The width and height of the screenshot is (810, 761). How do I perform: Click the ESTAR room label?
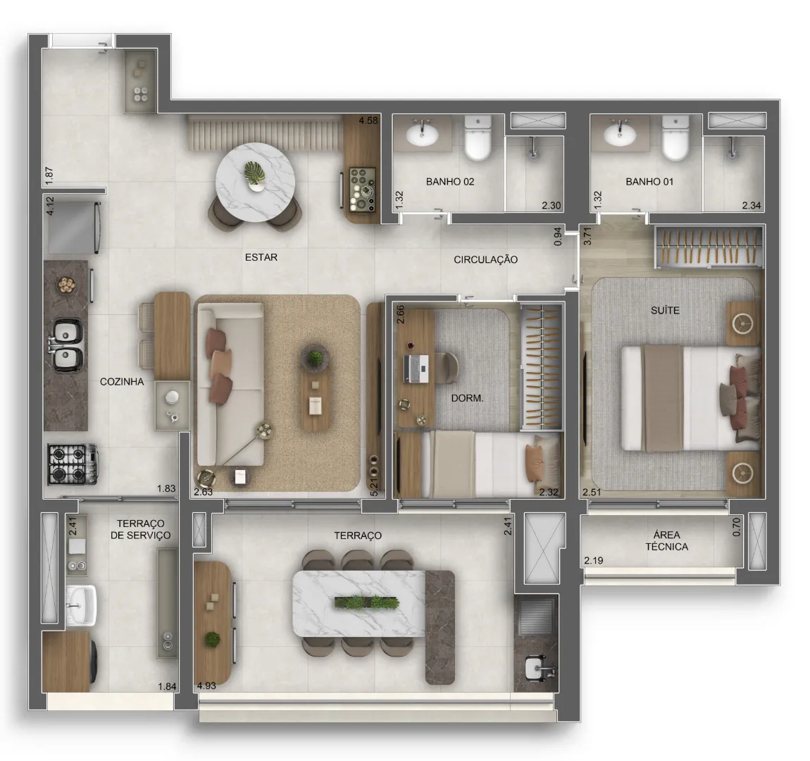tap(261, 257)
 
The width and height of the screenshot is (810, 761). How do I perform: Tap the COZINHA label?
tap(122, 382)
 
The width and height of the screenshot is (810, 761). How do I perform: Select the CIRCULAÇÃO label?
tap(485, 260)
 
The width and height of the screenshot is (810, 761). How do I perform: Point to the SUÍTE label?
tap(666, 311)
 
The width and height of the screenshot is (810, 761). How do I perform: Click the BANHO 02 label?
tap(450, 182)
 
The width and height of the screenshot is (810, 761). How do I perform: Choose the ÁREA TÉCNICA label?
tap(666, 541)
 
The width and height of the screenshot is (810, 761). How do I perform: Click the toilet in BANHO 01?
tap(675, 138)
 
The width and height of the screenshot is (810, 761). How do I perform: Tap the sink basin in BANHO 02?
tap(422, 135)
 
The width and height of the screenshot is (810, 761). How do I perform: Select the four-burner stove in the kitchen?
tap(73, 464)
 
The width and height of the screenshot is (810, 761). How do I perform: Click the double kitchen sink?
tap(67, 345)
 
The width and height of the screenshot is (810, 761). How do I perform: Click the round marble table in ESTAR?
tap(255, 182)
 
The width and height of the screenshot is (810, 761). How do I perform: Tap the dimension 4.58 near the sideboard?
tap(368, 120)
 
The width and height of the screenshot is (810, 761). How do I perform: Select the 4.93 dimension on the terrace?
tap(206, 686)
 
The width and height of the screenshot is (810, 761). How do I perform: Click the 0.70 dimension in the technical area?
tap(737, 527)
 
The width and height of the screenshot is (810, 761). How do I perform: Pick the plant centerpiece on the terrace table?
tap(367, 602)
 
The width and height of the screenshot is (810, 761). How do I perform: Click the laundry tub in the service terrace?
tap(81, 605)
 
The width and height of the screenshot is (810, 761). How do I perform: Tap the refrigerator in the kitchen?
tap(73, 228)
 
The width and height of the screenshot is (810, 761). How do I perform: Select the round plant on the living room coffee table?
tap(315, 357)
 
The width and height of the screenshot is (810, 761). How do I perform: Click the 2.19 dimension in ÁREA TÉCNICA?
tap(594, 561)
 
